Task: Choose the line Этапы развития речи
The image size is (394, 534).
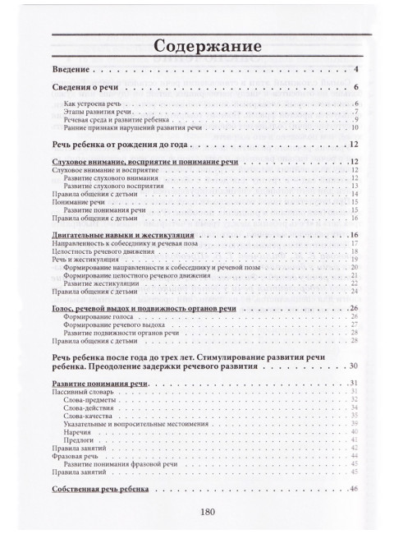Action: pyautogui.click(x=94, y=113)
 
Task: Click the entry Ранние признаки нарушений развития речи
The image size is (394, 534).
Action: pyautogui.click(x=122, y=127)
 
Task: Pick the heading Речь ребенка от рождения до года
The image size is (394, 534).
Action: pyautogui.click(x=109, y=145)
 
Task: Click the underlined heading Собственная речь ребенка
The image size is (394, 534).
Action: pyautogui.click(x=98, y=490)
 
